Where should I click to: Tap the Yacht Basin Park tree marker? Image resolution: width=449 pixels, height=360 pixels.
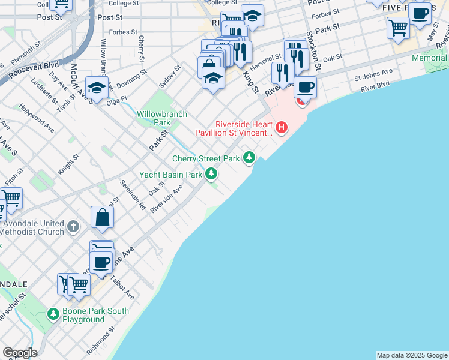pyautogui.click(x=211, y=174)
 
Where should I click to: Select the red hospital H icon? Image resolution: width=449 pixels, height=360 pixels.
pyautogui.click(x=280, y=127)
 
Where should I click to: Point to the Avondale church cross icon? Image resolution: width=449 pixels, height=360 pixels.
pyautogui.click(x=73, y=226)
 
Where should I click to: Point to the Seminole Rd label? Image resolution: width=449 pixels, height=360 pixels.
pyautogui.click(x=133, y=195)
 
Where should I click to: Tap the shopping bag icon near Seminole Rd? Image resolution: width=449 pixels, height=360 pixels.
pyautogui.click(x=103, y=217)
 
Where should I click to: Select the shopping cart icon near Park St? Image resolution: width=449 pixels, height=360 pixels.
pyautogui.click(x=399, y=27)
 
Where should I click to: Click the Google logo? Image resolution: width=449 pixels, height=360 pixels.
pyautogui.click(x=20, y=353)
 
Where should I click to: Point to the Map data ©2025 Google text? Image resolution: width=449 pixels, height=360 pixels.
pyautogui.click(x=412, y=355)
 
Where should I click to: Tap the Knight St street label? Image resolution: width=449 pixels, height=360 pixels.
pyautogui.click(x=68, y=165)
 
